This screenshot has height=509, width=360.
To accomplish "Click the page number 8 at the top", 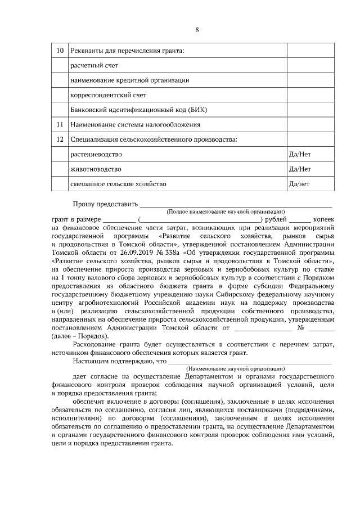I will pyautogui.click(x=197, y=30).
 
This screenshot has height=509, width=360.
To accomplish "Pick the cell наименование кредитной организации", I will pyautogui.click(x=129, y=80).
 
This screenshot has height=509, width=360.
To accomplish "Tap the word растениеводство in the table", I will pyautogui.click(x=96, y=154).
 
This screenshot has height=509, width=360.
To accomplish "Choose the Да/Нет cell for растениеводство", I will pyautogui.click(x=299, y=154).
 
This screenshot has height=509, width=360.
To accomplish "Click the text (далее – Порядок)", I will pyautogui.click(x=80, y=335).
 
